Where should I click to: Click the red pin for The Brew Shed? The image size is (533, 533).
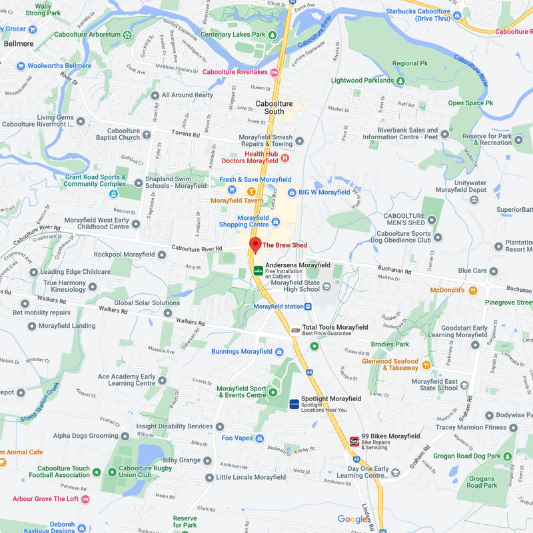coord(255,245)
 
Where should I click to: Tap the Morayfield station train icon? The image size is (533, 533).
coord(308,306)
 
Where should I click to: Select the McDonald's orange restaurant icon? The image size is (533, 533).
coord(473,290)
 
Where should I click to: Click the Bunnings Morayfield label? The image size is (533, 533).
coord(242,351)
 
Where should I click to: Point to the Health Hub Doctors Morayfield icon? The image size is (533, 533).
coord(285,157)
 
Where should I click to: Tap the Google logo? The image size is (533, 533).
coord(352,519)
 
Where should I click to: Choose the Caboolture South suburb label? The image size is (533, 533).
coord(274,107)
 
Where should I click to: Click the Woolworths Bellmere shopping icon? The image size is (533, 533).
coord(21,66)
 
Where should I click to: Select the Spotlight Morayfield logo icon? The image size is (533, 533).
coord(294,404)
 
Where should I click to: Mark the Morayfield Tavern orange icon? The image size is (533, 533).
coord(251,192)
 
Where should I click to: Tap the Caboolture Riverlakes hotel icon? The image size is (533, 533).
coord(274,72)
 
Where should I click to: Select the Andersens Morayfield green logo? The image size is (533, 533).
coord(258,270)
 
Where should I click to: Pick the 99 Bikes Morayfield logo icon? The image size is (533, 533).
coord(354,441)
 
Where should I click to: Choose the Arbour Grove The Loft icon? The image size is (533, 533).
coord(85,499)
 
